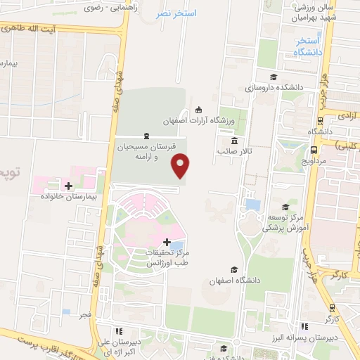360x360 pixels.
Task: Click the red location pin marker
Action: [x=181, y=165]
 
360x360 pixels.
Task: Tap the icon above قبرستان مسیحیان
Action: [x=146, y=136]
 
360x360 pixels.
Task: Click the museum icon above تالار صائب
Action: [x=234, y=140]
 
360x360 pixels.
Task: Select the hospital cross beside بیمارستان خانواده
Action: [x=68, y=186]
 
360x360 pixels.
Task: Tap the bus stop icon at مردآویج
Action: [x=313, y=150]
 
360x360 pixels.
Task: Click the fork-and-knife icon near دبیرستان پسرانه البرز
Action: [x=304, y=326]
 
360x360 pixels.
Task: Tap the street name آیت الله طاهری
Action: [x=49, y=30]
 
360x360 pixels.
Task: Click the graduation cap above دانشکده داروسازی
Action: [x=273, y=77]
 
